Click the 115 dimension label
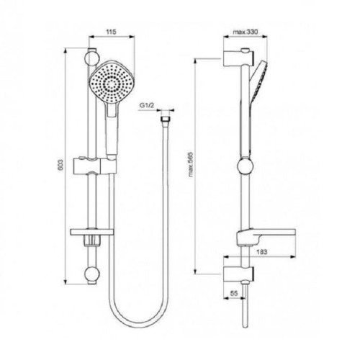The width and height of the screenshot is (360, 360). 110,33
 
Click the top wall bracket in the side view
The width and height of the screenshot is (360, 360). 239,58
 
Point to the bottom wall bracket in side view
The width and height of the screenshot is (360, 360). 239,272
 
